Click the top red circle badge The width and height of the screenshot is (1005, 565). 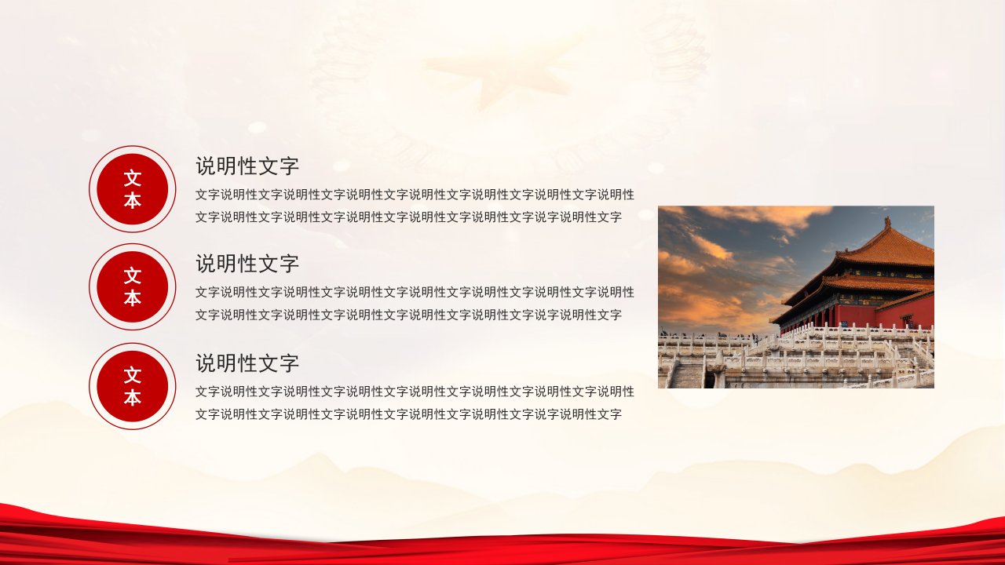pyautogui.click(x=133, y=189)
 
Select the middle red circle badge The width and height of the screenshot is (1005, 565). pyautogui.click(x=133, y=286)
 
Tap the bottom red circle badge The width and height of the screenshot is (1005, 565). pyautogui.click(x=133, y=386)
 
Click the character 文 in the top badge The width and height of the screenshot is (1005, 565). pyautogui.click(x=133, y=178)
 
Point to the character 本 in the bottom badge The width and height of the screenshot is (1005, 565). pyautogui.click(x=133, y=398)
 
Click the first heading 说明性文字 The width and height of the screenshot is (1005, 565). pyautogui.click(x=247, y=166)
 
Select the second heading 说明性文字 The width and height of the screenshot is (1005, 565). pyautogui.click(x=247, y=264)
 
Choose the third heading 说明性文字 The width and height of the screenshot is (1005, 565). pyautogui.click(x=247, y=363)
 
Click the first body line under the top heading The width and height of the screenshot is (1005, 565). pyautogui.click(x=415, y=195)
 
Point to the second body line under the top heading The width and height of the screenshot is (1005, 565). pyautogui.click(x=408, y=217)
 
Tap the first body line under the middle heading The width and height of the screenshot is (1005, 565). pyautogui.click(x=415, y=292)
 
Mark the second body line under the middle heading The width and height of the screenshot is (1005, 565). pyautogui.click(x=408, y=315)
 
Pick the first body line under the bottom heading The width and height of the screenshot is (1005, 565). pyautogui.click(x=415, y=392)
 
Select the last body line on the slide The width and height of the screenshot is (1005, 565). pyautogui.click(x=408, y=414)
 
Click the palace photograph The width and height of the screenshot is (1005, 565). pyautogui.click(x=795, y=297)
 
